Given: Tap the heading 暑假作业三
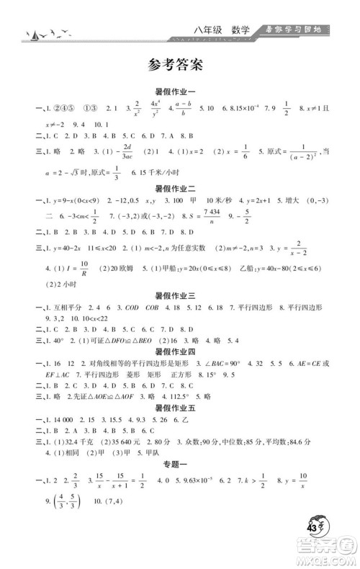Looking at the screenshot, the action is [x=179, y=295].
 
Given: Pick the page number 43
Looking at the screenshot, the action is [x=314, y=532].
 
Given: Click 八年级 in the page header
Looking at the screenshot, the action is [x=207, y=30].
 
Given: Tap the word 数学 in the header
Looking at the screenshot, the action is [x=240, y=30].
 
